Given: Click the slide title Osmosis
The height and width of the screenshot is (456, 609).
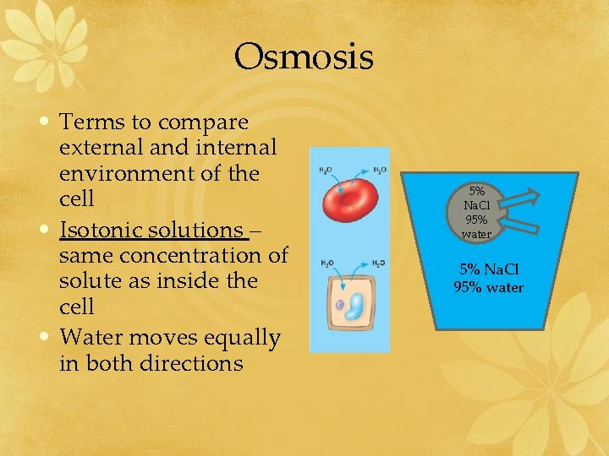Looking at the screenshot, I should click(304, 57).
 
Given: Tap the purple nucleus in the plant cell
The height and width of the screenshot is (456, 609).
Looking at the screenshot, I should click(340, 305).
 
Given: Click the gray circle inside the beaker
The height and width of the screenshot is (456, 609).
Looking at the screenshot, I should click(477, 211).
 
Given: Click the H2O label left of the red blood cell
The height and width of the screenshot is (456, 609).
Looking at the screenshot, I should click(326, 170).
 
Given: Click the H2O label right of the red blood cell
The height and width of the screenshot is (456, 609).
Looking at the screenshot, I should click(380, 170).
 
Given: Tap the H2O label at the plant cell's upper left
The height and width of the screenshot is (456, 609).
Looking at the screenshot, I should click(326, 263).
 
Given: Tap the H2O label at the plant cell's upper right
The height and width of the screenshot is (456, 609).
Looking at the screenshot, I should click(379, 263).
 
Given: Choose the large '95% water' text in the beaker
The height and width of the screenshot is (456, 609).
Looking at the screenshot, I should click(488, 288).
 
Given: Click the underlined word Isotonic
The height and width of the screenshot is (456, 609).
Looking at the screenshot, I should click(98, 230).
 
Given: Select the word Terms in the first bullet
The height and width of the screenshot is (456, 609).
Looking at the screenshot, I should click(92, 122).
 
